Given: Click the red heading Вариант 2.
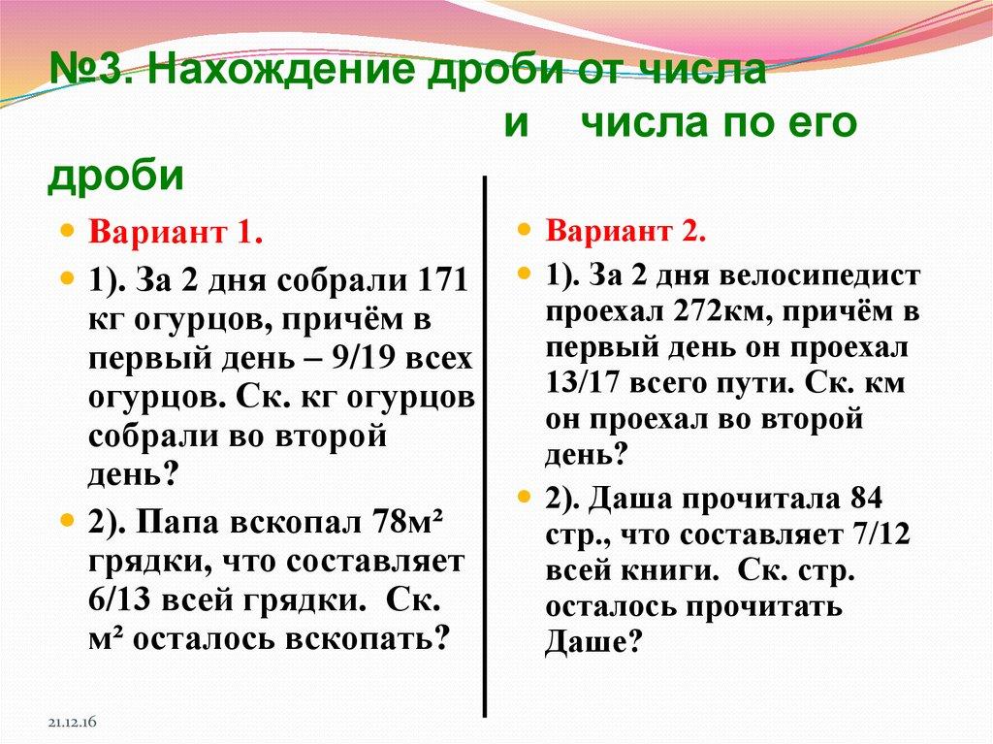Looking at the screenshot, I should point(625,234).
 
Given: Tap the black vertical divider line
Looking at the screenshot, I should point(484,446).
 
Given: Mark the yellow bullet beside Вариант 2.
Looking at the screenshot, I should point(524,233).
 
